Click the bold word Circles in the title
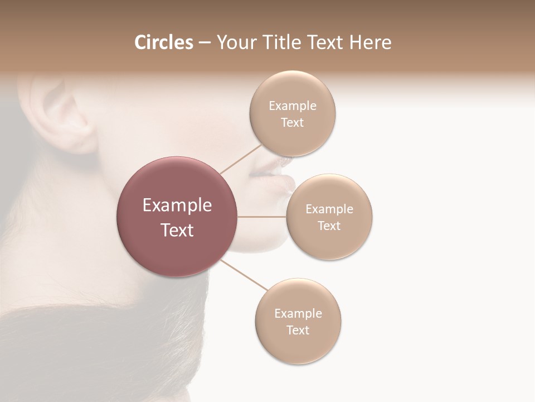point(163,42)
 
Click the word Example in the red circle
point(177,205)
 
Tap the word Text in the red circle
point(177,230)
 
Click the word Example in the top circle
point(292,106)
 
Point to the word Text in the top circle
point(292,123)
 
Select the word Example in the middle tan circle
point(329,209)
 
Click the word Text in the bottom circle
point(298,331)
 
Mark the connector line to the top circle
point(241,158)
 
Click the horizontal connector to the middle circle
point(262,217)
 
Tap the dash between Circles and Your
point(204,42)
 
